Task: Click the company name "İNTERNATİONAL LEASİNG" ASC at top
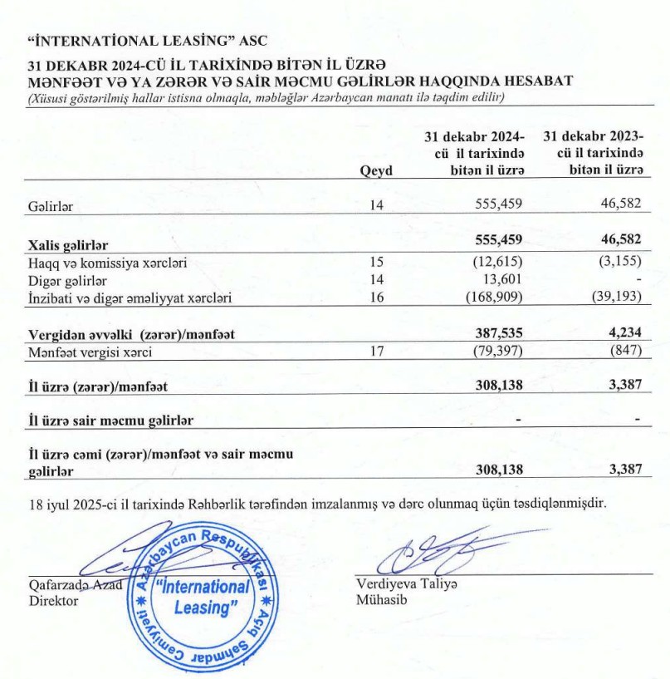148,39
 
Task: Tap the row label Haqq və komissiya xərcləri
107,263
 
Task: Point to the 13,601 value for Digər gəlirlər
502,280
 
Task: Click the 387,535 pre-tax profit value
496,333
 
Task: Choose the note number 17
377,351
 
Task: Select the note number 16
377,298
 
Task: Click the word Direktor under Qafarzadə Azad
53,600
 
